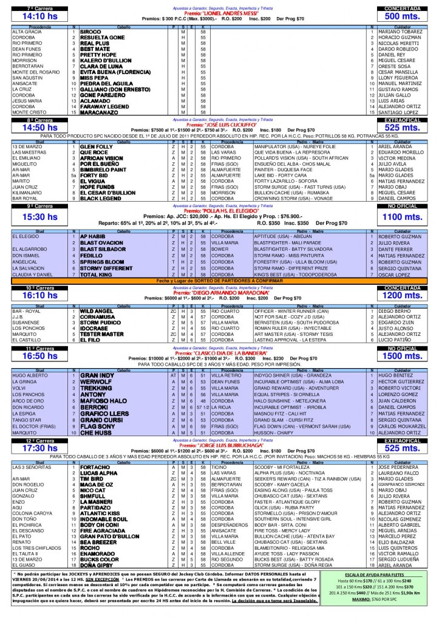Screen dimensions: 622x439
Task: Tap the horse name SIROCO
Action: [90, 31]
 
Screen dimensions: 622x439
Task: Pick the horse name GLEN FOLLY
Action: [96, 146]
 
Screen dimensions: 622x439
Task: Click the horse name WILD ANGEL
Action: [97, 310]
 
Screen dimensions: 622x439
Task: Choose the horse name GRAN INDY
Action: [97, 376]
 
